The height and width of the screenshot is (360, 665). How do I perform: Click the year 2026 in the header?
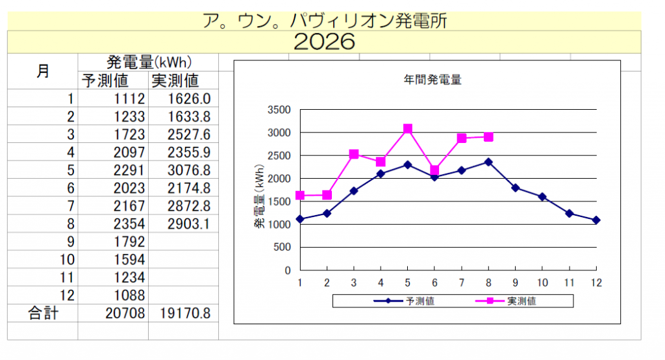(x=325, y=42)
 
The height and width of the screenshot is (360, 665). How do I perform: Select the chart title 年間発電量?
(x=432, y=79)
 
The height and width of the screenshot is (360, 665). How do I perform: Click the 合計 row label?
(x=44, y=313)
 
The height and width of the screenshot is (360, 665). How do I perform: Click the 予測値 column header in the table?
(x=105, y=80)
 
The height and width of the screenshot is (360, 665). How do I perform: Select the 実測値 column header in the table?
(x=175, y=80)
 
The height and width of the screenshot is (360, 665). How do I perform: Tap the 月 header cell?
(x=43, y=71)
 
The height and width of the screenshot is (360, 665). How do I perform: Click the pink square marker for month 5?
(x=408, y=129)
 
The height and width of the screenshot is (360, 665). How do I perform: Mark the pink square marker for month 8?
(x=488, y=136)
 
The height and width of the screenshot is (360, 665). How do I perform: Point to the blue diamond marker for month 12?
(x=596, y=220)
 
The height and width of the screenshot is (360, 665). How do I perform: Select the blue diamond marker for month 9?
(x=515, y=188)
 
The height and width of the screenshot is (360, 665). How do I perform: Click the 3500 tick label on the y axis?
(x=279, y=110)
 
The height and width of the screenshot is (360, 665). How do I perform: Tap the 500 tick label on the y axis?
(x=282, y=247)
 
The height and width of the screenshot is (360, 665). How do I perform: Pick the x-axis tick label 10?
(x=542, y=283)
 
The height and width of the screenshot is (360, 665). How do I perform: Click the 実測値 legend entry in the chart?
(x=506, y=301)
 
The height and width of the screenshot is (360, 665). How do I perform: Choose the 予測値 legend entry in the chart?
(x=404, y=301)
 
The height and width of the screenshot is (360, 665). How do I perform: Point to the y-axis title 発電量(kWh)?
(x=259, y=196)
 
